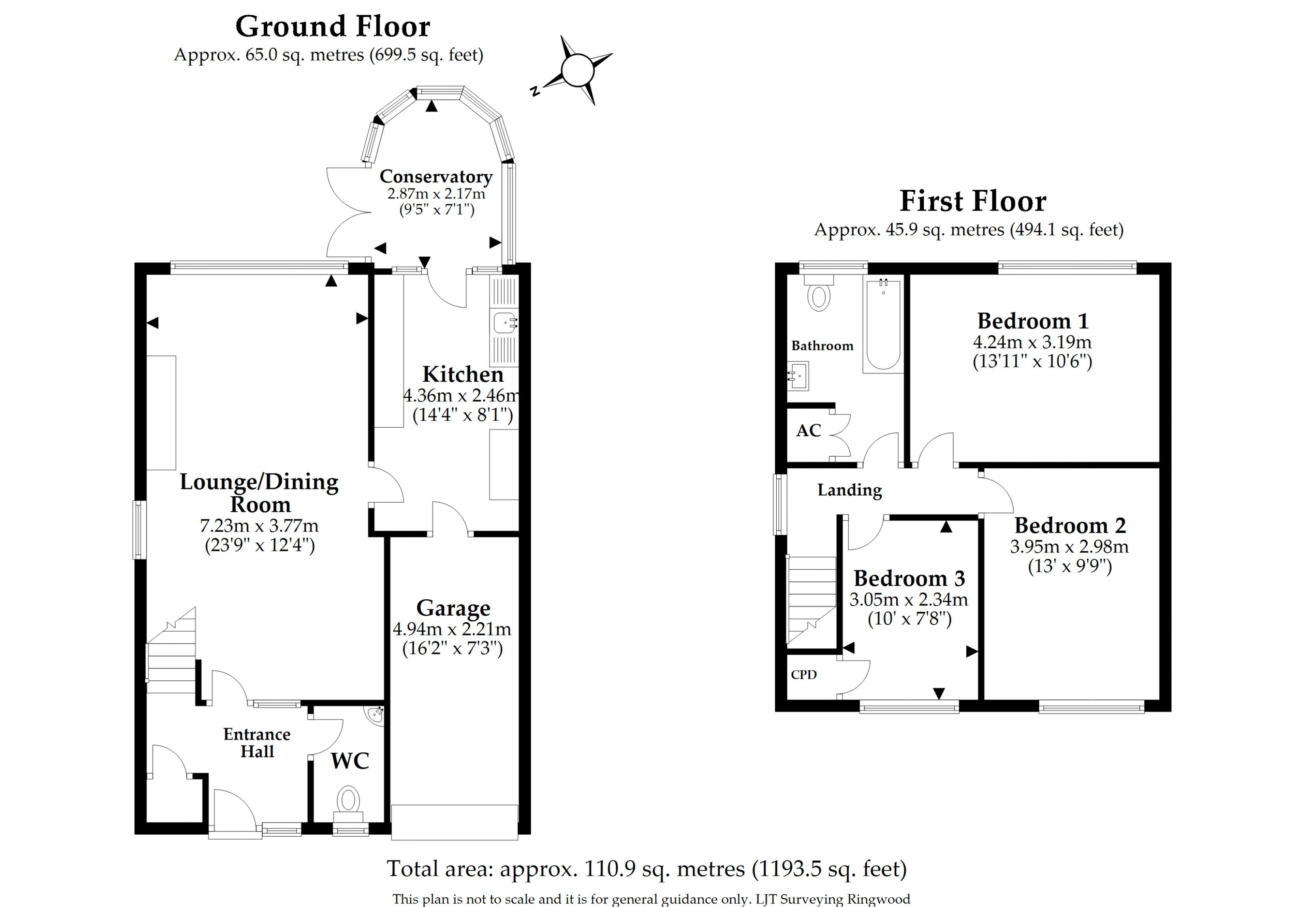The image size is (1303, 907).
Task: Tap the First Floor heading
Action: (973, 201)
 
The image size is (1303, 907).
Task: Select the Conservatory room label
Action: (436, 177)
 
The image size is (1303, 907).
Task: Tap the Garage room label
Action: (453, 608)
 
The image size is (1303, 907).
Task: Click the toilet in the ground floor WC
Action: (348, 800)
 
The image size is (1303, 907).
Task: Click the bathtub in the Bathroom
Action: (883, 325)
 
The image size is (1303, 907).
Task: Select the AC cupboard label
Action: (808, 431)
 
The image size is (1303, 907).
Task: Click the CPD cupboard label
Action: (804, 675)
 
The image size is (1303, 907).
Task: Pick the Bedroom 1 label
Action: (1032, 321)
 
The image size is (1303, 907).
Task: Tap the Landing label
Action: (850, 490)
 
